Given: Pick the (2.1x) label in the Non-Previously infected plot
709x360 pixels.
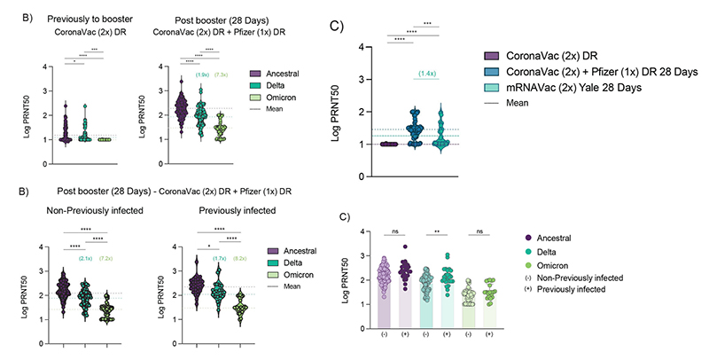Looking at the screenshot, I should pos(86,259).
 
